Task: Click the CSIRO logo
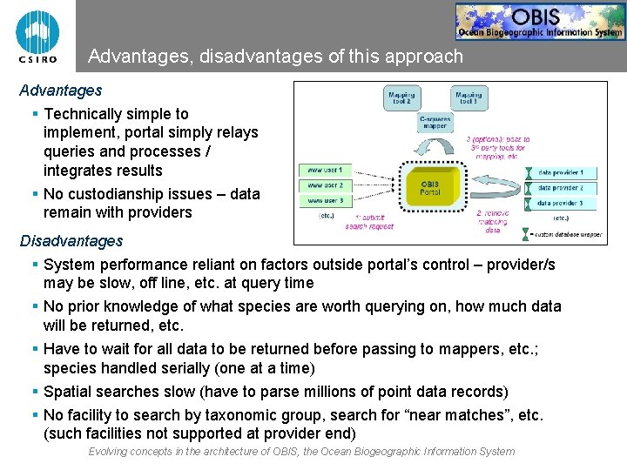(x=37, y=37)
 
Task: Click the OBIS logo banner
(x=539, y=22)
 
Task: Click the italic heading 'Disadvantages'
(x=71, y=241)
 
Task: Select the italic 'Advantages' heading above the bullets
(x=61, y=91)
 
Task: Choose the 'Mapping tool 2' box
(x=401, y=98)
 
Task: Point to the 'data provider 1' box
(x=566, y=172)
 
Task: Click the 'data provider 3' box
(x=566, y=203)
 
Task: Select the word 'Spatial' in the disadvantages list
(x=68, y=392)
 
